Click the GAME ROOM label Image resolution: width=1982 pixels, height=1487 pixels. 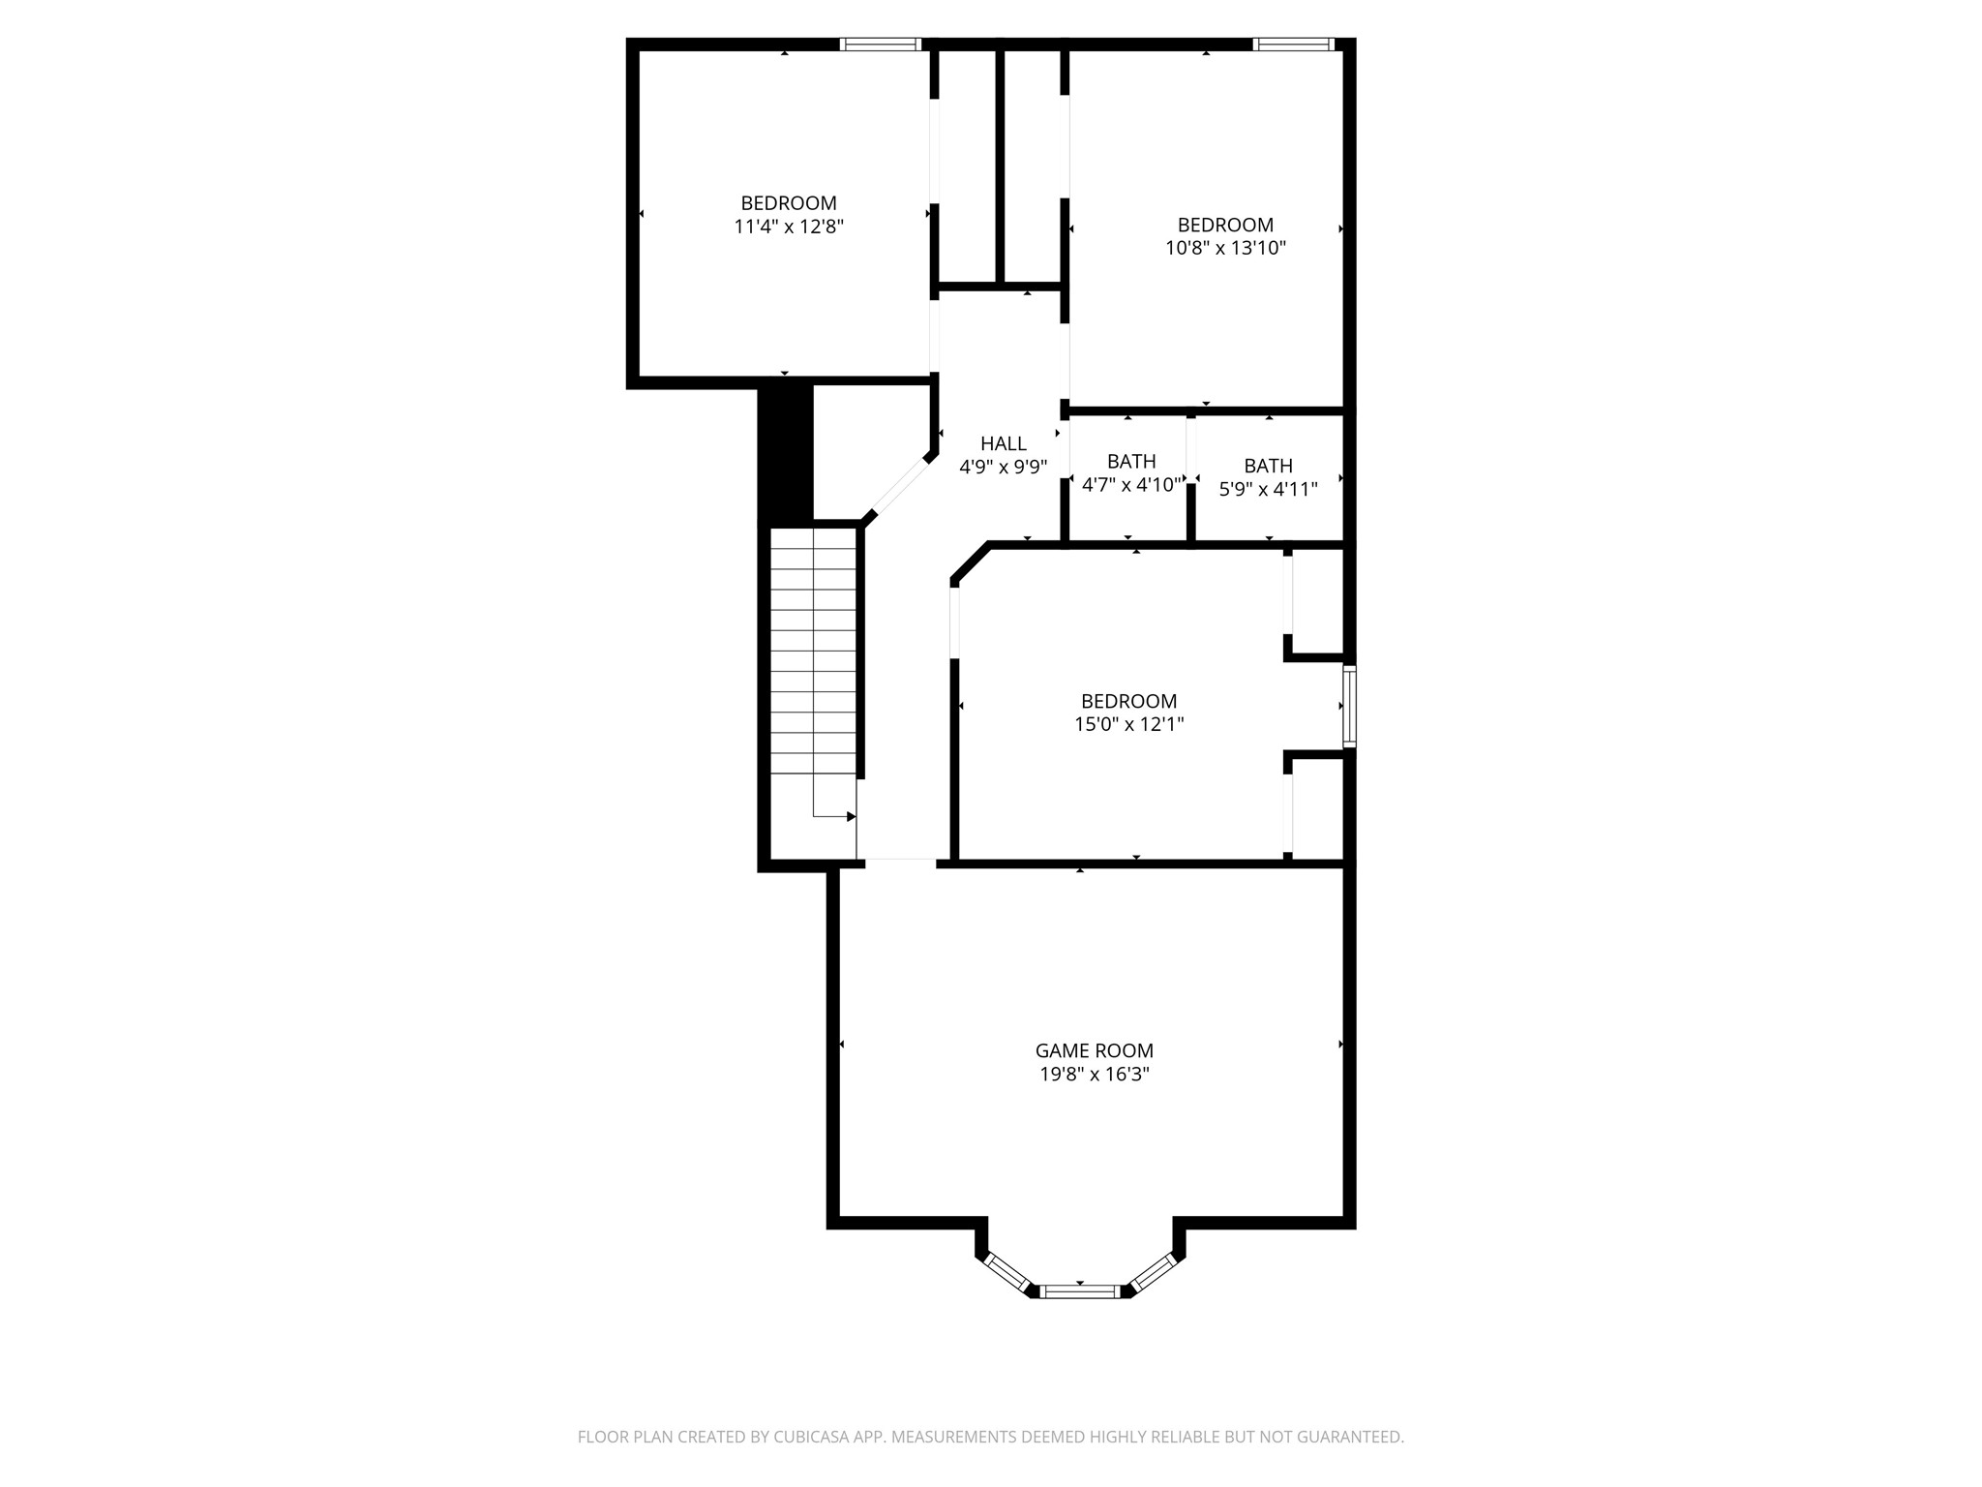(x=1094, y=1050)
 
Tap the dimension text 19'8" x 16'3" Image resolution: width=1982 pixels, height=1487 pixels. (x=1094, y=1075)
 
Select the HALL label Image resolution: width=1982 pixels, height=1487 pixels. (x=1003, y=443)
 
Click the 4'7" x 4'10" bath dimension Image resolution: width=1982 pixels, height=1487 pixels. (x=1130, y=485)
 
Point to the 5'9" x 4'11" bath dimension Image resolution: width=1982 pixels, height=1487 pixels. (x=1268, y=489)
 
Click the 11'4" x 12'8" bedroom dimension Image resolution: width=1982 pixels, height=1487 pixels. (x=789, y=227)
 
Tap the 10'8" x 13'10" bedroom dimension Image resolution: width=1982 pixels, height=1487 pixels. (x=1225, y=248)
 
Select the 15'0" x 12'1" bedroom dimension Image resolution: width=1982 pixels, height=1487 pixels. (x=1128, y=724)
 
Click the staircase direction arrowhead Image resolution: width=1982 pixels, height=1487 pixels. (x=851, y=817)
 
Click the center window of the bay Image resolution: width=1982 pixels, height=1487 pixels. (x=1080, y=1290)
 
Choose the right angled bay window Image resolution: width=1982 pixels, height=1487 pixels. (x=1153, y=1272)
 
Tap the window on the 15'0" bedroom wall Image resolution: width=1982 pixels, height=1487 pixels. (x=1349, y=706)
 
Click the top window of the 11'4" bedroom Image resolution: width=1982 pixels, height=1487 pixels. (x=880, y=44)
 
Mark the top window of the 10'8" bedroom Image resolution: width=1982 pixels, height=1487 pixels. (x=1293, y=44)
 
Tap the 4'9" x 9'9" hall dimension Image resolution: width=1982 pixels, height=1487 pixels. (x=1003, y=467)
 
